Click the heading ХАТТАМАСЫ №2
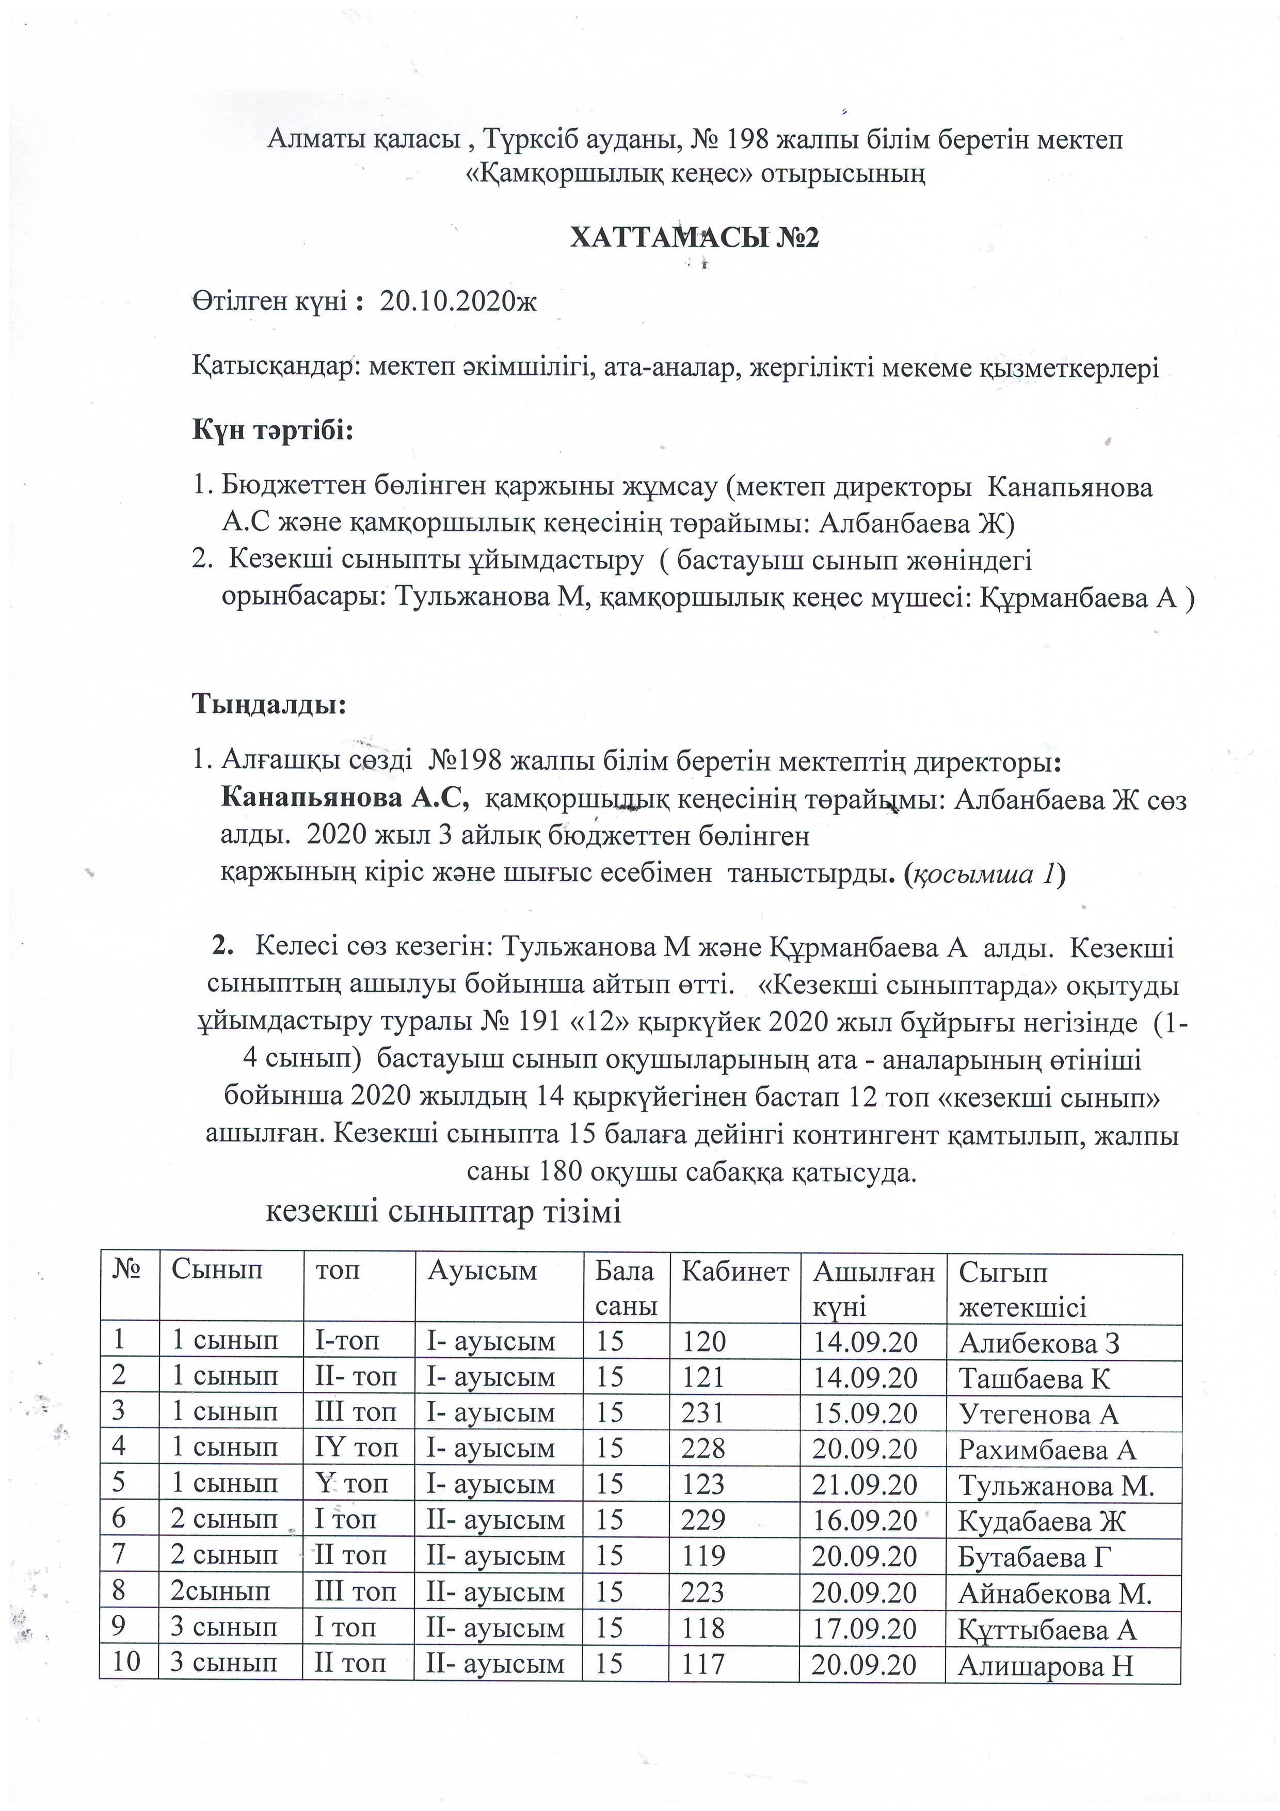tap(694, 237)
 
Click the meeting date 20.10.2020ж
tap(457, 301)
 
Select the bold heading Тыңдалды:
tap(269, 704)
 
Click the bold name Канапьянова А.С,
tap(345, 799)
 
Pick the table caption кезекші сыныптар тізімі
tap(443, 1212)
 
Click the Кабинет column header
tap(734, 1272)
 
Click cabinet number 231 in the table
tap(705, 1412)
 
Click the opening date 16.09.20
tap(865, 1520)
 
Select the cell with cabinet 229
tap(705, 1520)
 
